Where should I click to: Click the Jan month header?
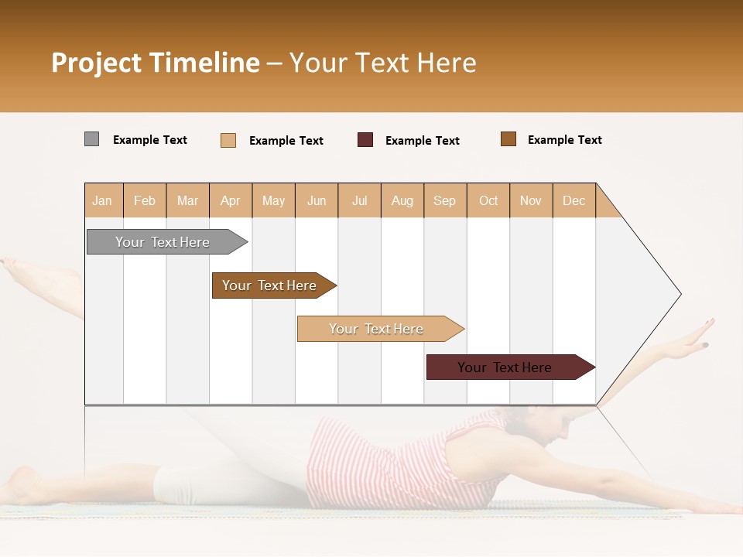(x=102, y=200)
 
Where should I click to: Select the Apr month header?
(x=230, y=200)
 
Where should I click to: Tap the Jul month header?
(x=359, y=200)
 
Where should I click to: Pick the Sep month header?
(x=444, y=200)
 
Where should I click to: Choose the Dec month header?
(x=574, y=200)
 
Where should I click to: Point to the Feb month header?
(x=145, y=200)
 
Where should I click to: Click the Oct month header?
(x=488, y=200)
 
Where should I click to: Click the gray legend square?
(x=91, y=139)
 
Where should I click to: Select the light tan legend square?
(x=228, y=140)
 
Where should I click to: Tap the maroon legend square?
(x=365, y=140)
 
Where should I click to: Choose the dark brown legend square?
(x=508, y=139)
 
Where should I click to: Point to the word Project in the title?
(x=95, y=63)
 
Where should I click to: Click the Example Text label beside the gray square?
(x=150, y=140)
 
